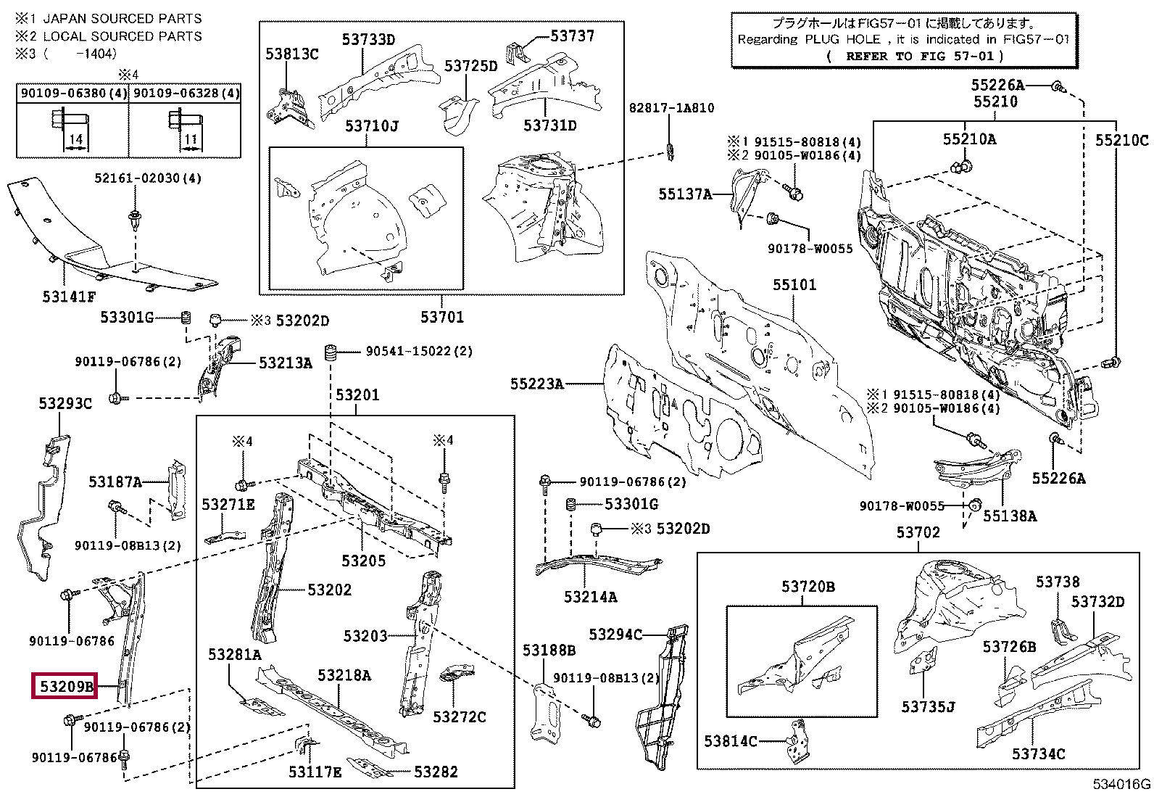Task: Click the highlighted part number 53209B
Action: point(66,686)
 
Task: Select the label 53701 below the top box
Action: point(441,317)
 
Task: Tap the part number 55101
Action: point(794,285)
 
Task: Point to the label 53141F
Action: point(69,297)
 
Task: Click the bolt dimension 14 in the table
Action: point(75,139)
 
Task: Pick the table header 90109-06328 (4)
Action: point(186,94)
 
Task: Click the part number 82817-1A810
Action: point(671,108)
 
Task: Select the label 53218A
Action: point(344,676)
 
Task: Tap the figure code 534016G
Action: point(1121,784)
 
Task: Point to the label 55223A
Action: point(536,384)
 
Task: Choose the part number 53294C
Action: point(615,635)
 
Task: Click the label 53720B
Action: point(808,587)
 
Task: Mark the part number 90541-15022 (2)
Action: point(418,351)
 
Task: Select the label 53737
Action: point(572,36)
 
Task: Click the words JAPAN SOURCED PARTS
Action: point(123,18)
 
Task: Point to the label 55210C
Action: point(1121,140)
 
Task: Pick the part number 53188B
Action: point(549,650)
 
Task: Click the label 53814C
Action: point(730,740)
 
